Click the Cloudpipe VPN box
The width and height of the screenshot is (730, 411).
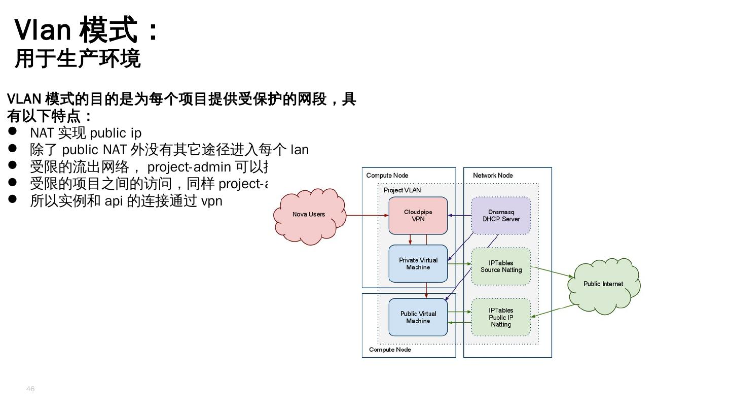coord(418,216)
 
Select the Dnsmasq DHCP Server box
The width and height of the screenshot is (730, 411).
coord(501,216)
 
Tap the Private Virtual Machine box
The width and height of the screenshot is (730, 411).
coord(418,264)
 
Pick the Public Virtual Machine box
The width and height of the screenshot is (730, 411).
coord(418,317)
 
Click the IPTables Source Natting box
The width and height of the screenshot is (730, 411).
coord(501,266)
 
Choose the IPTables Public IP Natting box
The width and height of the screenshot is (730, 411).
coord(501,317)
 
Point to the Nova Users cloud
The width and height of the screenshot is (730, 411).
coord(309,215)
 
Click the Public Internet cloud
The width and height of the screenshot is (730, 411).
coord(603,285)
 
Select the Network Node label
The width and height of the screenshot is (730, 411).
coord(493,176)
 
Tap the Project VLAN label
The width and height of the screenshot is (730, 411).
coord(402,190)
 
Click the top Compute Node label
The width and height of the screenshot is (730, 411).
coord(387,176)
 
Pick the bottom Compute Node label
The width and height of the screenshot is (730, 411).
coord(390,350)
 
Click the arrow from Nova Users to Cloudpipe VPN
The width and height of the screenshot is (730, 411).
coord(367,215)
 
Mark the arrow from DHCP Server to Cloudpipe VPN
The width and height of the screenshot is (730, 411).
coord(460,215)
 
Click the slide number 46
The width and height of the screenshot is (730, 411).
coord(30,389)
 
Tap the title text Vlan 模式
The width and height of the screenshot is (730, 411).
coord(76,29)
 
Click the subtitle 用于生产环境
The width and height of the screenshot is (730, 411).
coord(77,58)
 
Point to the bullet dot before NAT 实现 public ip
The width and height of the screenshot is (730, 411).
coord(13,132)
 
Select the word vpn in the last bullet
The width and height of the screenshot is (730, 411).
coord(212,201)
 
